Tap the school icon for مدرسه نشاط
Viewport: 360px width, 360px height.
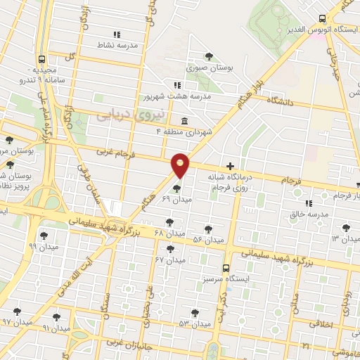tap(117, 34)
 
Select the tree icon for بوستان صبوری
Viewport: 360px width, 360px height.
tap(208, 56)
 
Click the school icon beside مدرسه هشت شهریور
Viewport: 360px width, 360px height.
tap(167, 85)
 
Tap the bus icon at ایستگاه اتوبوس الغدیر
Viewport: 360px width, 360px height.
tap(322, 19)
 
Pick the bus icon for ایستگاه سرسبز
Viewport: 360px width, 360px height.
tap(226, 267)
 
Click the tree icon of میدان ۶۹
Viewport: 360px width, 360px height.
tap(176, 188)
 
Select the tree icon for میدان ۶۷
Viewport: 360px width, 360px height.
tap(169, 249)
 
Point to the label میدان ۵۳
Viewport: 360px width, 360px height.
tap(194, 323)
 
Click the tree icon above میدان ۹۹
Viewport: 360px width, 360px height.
tap(44, 236)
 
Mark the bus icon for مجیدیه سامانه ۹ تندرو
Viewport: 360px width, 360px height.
tap(42, 60)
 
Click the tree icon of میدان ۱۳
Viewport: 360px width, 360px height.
tap(345, 227)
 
